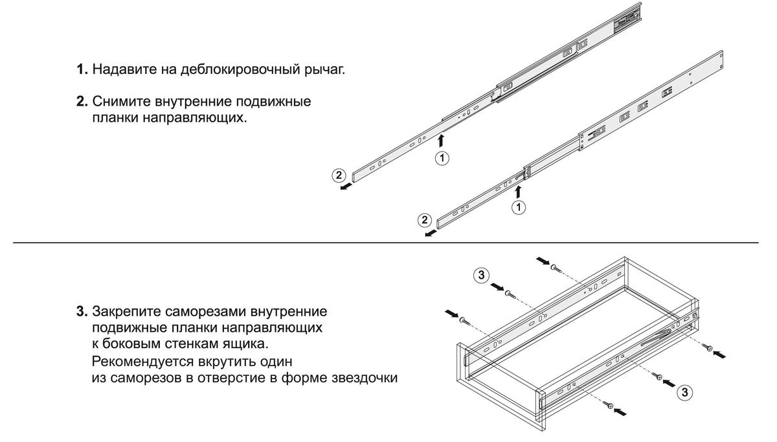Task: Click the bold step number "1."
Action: (82, 69)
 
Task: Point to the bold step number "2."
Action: (82, 102)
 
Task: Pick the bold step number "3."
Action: (82, 312)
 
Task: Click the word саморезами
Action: (205, 312)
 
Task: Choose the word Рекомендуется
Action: (142, 362)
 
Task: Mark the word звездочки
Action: (364, 378)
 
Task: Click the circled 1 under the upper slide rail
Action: (442, 158)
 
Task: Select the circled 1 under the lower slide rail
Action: (519, 207)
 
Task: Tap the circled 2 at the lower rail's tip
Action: (425, 220)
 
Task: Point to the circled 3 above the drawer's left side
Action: (481, 275)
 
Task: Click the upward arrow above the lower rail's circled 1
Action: (518, 192)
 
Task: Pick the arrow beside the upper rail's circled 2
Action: (346, 187)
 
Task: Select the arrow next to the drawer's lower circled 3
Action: (669, 383)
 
